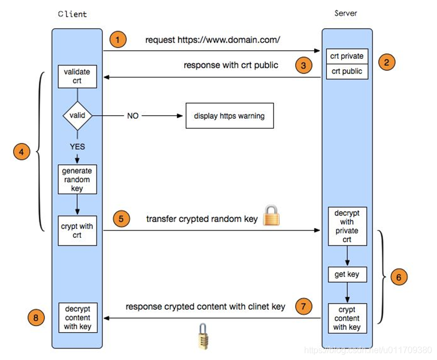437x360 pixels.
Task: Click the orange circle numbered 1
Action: (118, 40)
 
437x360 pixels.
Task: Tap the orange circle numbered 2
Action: (386, 62)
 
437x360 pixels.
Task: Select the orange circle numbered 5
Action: (122, 219)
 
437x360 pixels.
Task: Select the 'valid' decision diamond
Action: (77, 116)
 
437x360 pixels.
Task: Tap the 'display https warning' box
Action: (229, 116)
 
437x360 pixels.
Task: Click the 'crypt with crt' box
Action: (77, 231)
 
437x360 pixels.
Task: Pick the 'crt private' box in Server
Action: (347, 56)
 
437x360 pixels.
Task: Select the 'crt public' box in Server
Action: (347, 71)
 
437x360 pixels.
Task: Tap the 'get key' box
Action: (347, 274)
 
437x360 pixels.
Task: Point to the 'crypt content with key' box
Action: (347, 319)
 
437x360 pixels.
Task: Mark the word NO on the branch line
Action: (132, 116)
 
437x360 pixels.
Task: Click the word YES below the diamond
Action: (77, 147)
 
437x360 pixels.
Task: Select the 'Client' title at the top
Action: (72, 14)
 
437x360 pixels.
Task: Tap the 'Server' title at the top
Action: (345, 13)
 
